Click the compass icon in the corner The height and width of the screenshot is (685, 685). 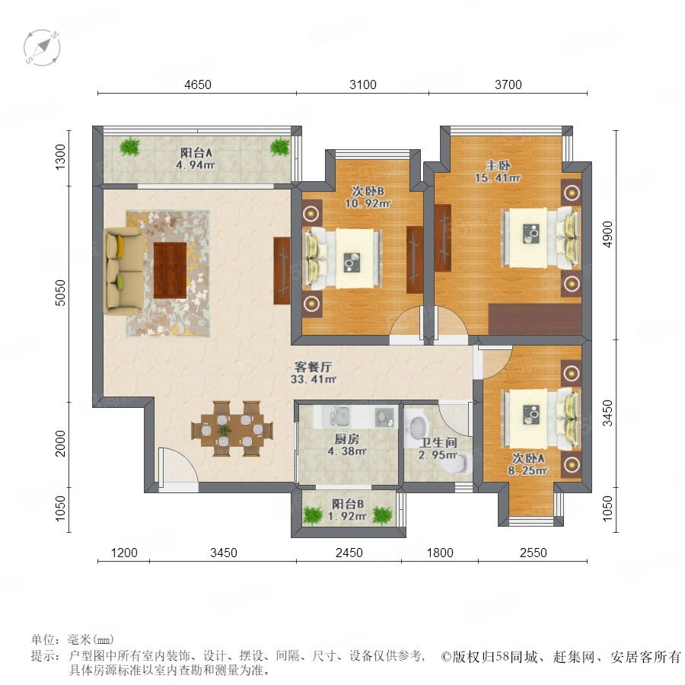[42, 47]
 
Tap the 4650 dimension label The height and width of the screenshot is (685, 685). [197, 84]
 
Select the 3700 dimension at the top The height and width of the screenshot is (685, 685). [508, 84]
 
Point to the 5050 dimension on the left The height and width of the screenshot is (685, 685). [60, 293]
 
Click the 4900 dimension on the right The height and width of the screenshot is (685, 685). [607, 234]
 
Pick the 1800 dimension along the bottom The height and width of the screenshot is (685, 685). [440, 553]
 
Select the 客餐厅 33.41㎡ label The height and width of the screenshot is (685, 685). [314, 373]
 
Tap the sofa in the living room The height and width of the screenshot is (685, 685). [123, 271]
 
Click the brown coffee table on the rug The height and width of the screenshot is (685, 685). [170, 270]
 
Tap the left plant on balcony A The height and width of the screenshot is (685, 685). [130, 147]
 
